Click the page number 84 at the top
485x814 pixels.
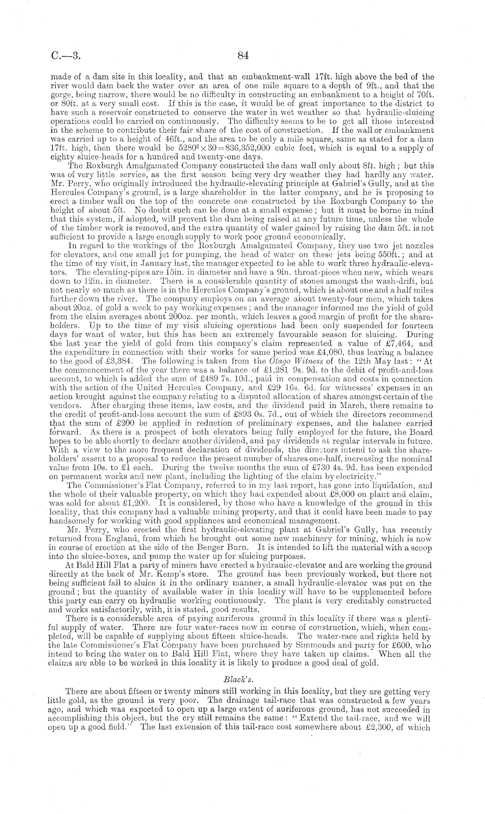242,55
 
